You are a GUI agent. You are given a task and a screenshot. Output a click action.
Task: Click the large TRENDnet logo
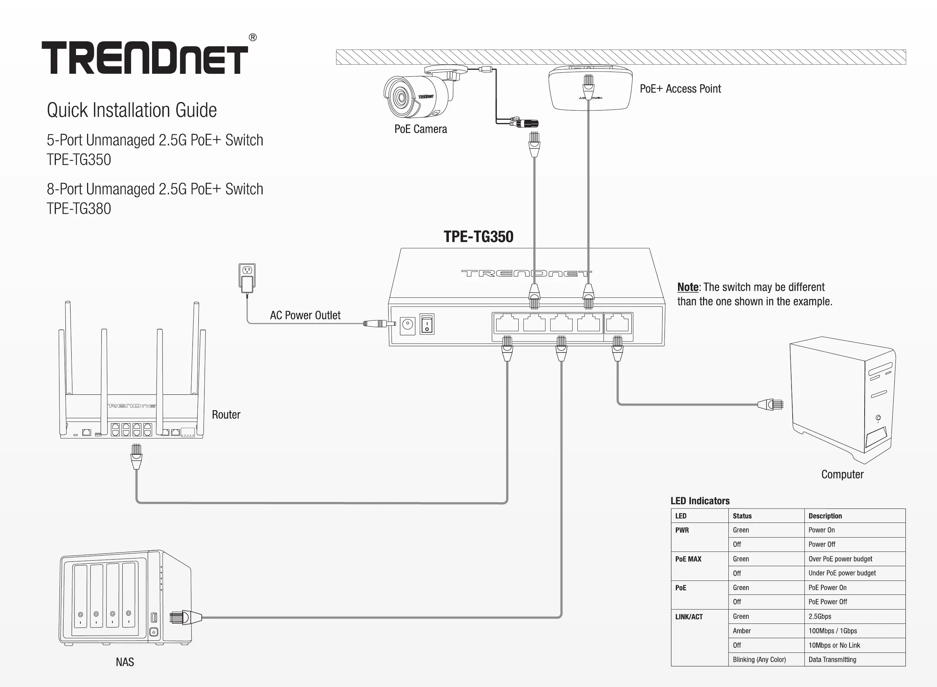[x=145, y=57]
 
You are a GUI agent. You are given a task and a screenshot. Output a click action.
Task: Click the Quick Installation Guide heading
[x=131, y=110]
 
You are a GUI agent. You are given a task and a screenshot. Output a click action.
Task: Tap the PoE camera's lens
[x=401, y=98]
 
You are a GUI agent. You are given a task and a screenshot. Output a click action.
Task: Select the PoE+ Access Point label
[x=680, y=88]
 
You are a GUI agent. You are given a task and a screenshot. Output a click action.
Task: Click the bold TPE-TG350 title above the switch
[x=478, y=236]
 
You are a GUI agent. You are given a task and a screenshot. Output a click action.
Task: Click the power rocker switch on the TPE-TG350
[x=427, y=324]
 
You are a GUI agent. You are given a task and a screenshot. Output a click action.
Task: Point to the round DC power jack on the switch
[x=408, y=325]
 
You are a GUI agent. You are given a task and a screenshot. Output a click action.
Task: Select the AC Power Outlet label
[x=305, y=315]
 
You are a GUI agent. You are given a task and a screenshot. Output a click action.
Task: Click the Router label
[x=226, y=415]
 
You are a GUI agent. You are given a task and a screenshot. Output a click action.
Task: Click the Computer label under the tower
[x=842, y=474]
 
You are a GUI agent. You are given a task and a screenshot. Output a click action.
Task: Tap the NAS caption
[x=125, y=662]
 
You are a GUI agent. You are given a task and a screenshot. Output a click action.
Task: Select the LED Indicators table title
[x=700, y=501]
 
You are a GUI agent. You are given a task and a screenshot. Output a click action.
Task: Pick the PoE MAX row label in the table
[x=688, y=559]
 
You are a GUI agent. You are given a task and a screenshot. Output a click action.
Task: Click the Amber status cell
[x=742, y=631]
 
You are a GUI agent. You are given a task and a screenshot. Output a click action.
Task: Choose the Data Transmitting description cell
[x=832, y=659]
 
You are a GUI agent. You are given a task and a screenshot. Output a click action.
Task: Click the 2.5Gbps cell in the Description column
[x=820, y=616]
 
